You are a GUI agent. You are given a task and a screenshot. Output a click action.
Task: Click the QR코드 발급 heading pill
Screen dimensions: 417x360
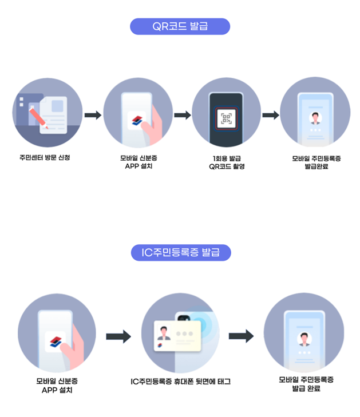click(x=180, y=26)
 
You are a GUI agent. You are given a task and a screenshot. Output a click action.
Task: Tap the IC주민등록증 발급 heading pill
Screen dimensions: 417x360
click(x=180, y=252)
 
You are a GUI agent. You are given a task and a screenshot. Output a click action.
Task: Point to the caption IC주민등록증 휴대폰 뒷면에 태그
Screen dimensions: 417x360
click(x=180, y=381)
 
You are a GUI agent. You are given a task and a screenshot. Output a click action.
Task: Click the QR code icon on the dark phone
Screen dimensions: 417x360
click(x=226, y=118)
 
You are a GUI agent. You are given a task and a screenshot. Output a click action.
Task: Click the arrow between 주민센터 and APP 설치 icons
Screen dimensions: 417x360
click(x=93, y=116)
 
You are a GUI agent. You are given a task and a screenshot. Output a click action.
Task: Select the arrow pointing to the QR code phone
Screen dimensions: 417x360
click(x=182, y=116)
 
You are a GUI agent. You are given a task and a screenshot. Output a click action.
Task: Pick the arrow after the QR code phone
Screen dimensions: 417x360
click(x=270, y=116)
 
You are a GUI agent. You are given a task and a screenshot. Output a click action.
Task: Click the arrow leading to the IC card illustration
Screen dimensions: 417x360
click(x=118, y=336)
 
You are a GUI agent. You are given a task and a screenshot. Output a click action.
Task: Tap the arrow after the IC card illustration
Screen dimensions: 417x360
click(x=242, y=336)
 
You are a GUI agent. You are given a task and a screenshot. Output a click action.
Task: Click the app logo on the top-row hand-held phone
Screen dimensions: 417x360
click(x=136, y=121)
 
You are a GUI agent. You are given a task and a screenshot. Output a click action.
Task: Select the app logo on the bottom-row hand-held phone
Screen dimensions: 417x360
click(x=56, y=341)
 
